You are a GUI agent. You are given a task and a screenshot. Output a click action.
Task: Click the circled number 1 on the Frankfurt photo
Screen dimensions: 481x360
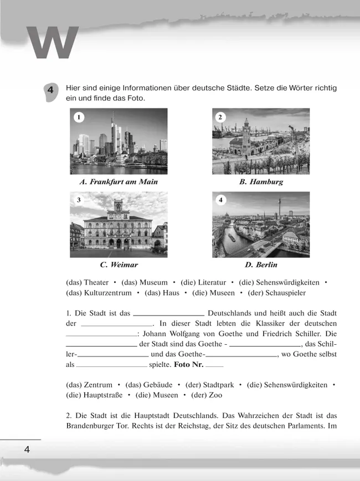click(80, 117)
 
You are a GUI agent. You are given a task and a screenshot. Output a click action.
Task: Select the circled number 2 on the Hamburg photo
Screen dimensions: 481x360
click(220, 117)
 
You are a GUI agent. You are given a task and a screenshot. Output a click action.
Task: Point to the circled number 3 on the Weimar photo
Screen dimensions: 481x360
click(79, 200)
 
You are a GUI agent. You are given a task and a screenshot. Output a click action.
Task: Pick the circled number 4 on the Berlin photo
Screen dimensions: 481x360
click(221, 200)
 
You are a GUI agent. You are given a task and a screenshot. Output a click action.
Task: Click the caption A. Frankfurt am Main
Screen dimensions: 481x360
click(119, 182)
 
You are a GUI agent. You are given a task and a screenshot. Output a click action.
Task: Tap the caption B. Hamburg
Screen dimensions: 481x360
click(261, 182)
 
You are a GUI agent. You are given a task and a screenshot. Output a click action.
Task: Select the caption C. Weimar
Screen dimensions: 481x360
click(119, 265)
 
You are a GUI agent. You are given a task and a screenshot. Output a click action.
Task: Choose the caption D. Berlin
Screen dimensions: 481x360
click(261, 265)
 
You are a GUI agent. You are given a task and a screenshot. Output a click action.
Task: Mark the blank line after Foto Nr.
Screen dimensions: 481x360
click(214, 366)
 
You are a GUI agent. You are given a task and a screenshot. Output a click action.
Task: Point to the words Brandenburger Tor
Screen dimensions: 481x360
click(99, 426)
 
